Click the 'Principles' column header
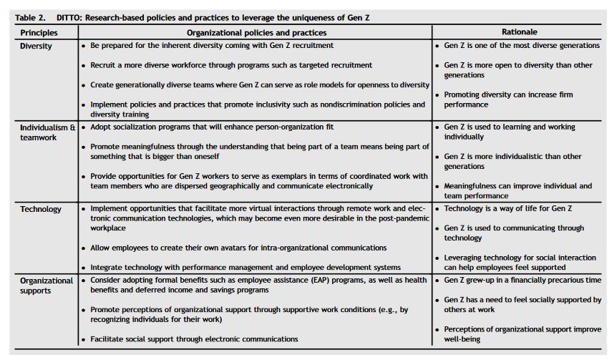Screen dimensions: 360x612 (39, 32)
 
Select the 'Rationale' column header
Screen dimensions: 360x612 (520, 32)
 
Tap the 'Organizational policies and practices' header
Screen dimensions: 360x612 (256, 32)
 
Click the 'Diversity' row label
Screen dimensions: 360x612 (37, 46)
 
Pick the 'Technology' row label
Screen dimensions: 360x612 (41, 209)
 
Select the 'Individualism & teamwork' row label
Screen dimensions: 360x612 (47, 132)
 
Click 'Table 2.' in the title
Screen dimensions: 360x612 (30, 16)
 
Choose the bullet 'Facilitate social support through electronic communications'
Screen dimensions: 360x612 (193, 339)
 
